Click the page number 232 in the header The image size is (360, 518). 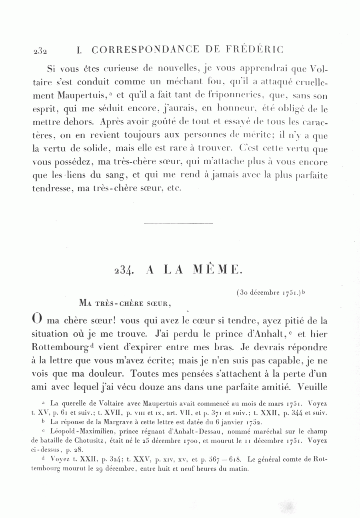tap(40, 51)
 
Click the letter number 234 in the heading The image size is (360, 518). tap(124, 270)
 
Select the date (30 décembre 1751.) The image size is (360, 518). tap(269, 293)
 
